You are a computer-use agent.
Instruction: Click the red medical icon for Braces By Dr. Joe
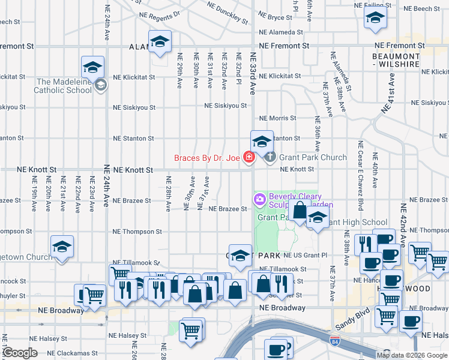(249, 158)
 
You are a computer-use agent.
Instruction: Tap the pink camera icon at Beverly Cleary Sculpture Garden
(260, 199)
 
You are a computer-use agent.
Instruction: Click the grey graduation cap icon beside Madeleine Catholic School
(100, 85)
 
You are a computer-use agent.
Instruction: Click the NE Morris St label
(277, 118)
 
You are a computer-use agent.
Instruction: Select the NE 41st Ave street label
(388, 93)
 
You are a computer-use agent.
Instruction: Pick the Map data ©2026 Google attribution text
(411, 355)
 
